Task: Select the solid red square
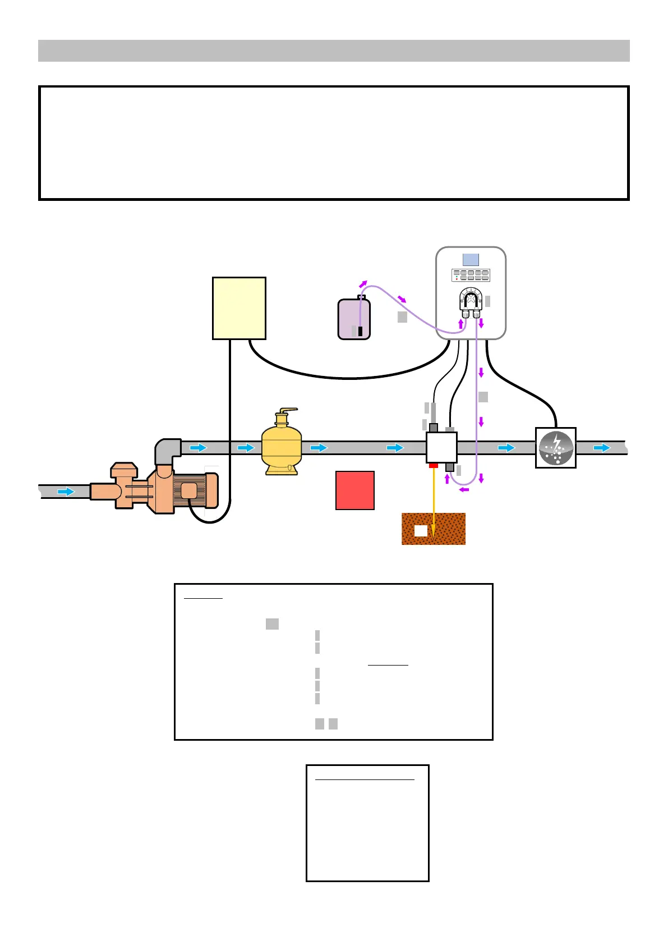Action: pos(354,490)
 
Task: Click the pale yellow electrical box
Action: pos(239,308)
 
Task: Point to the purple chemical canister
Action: pos(354,319)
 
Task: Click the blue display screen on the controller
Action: pos(471,260)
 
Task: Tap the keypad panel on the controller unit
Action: pos(471,275)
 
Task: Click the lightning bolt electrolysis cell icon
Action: pos(556,448)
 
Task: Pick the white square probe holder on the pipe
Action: pos(441,447)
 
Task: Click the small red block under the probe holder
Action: pos(434,465)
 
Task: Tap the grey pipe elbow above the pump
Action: pos(167,451)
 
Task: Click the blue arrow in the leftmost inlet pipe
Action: pos(66,492)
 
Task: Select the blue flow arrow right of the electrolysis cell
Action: pos(602,448)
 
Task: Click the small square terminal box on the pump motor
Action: pos(189,490)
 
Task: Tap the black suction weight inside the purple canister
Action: pos(360,331)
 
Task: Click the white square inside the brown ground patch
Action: pos(421,530)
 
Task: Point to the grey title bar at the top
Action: pos(334,51)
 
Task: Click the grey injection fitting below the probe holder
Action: pos(450,467)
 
